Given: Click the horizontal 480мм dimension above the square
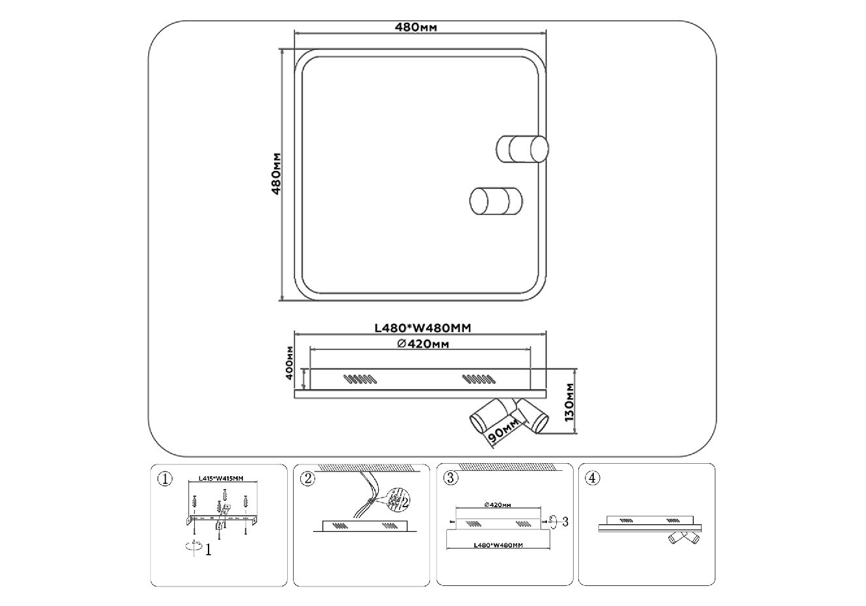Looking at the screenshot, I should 416,27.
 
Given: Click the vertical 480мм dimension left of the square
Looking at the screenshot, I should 275,174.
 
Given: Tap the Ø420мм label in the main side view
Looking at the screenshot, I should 423,344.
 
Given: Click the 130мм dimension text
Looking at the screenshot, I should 569,402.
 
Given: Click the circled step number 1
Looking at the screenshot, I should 164,479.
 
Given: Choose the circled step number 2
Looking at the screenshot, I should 307,479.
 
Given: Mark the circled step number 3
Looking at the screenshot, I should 450,479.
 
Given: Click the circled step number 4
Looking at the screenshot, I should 592,479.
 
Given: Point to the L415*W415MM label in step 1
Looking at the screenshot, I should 220,479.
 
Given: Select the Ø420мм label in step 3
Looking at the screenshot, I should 498,505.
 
